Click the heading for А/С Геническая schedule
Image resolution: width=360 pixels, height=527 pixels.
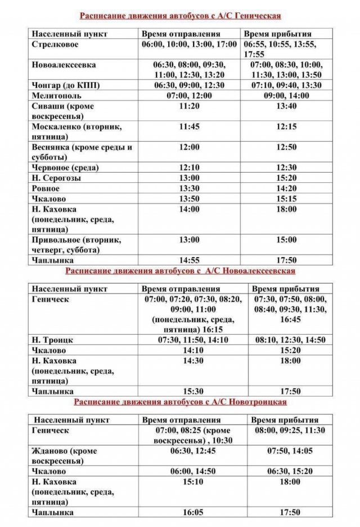point(180,16)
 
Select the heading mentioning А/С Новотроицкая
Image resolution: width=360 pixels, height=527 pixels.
point(180,402)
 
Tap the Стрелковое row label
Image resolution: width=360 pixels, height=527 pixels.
point(55,44)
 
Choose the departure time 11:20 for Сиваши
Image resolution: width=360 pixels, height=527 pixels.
point(189,105)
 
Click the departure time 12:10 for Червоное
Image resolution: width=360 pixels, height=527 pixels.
point(189,168)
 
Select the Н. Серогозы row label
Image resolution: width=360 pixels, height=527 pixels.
point(56,178)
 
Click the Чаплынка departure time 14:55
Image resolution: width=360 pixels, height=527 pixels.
point(189,260)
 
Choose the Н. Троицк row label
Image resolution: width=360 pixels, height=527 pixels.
point(53,340)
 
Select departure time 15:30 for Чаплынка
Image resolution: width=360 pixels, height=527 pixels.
point(189,391)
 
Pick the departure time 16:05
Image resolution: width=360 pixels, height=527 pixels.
point(189,512)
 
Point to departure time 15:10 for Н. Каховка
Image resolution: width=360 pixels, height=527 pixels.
point(189,482)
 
